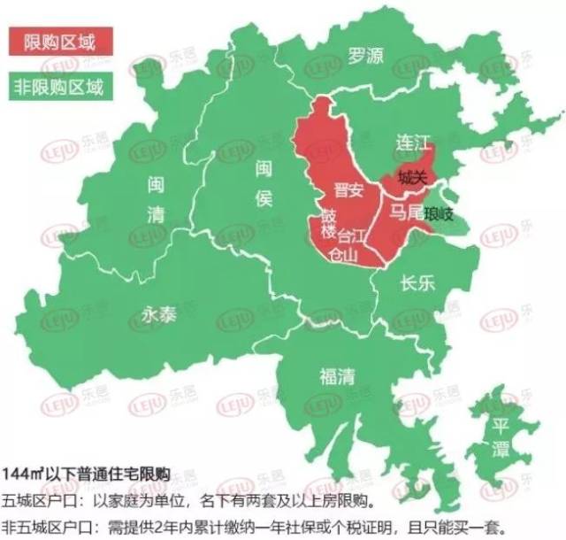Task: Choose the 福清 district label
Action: click(337, 374)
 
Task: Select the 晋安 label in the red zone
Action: click(348, 189)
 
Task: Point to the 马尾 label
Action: click(405, 212)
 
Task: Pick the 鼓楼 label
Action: click(329, 226)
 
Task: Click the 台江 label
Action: click(352, 236)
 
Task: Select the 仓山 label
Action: click(343, 255)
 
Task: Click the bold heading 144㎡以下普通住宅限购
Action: click(87, 472)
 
